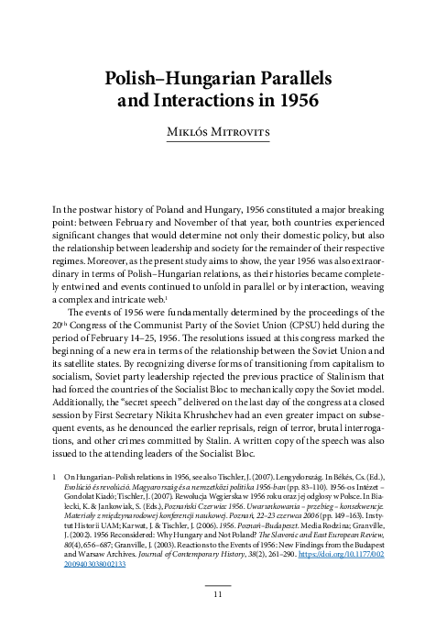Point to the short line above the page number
217,582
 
